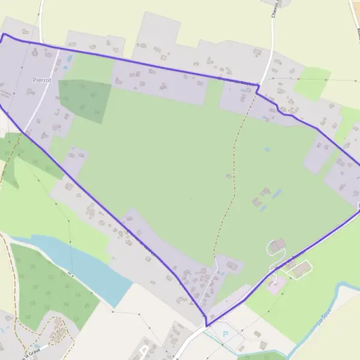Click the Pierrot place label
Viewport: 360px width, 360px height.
point(43,79)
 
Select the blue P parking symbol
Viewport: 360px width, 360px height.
point(226,334)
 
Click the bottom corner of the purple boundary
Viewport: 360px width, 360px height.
point(206,326)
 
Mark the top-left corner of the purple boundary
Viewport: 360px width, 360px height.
point(4,34)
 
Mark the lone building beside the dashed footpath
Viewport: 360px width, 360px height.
point(229,176)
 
